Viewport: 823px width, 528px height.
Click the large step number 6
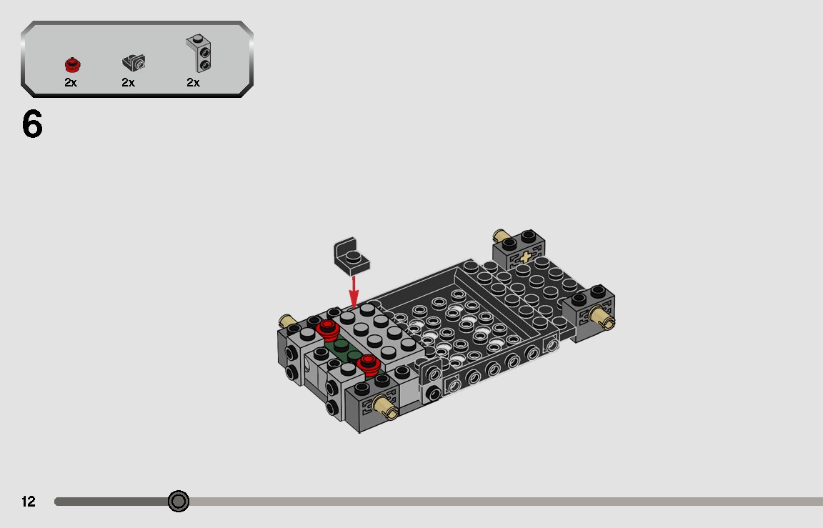(x=32, y=125)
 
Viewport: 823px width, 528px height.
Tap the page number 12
(x=28, y=502)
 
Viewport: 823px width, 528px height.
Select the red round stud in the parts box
(x=71, y=65)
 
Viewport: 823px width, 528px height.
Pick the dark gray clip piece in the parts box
(x=134, y=63)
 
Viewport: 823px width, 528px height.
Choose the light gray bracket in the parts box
(x=199, y=53)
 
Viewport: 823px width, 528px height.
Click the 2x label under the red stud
(x=71, y=83)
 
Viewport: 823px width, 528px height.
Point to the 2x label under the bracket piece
(x=194, y=83)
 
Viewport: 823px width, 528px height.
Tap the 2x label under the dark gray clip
(x=129, y=83)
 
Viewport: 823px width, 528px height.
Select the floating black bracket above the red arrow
(x=352, y=255)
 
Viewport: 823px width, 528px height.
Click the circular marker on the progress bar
(x=179, y=502)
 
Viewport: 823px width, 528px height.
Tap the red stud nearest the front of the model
(x=369, y=363)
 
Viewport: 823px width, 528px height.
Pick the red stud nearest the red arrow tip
(x=328, y=329)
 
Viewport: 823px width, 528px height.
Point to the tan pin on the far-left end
(x=288, y=322)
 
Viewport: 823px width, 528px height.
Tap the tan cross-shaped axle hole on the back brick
(x=527, y=257)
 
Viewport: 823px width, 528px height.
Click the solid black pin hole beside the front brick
(x=432, y=394)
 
